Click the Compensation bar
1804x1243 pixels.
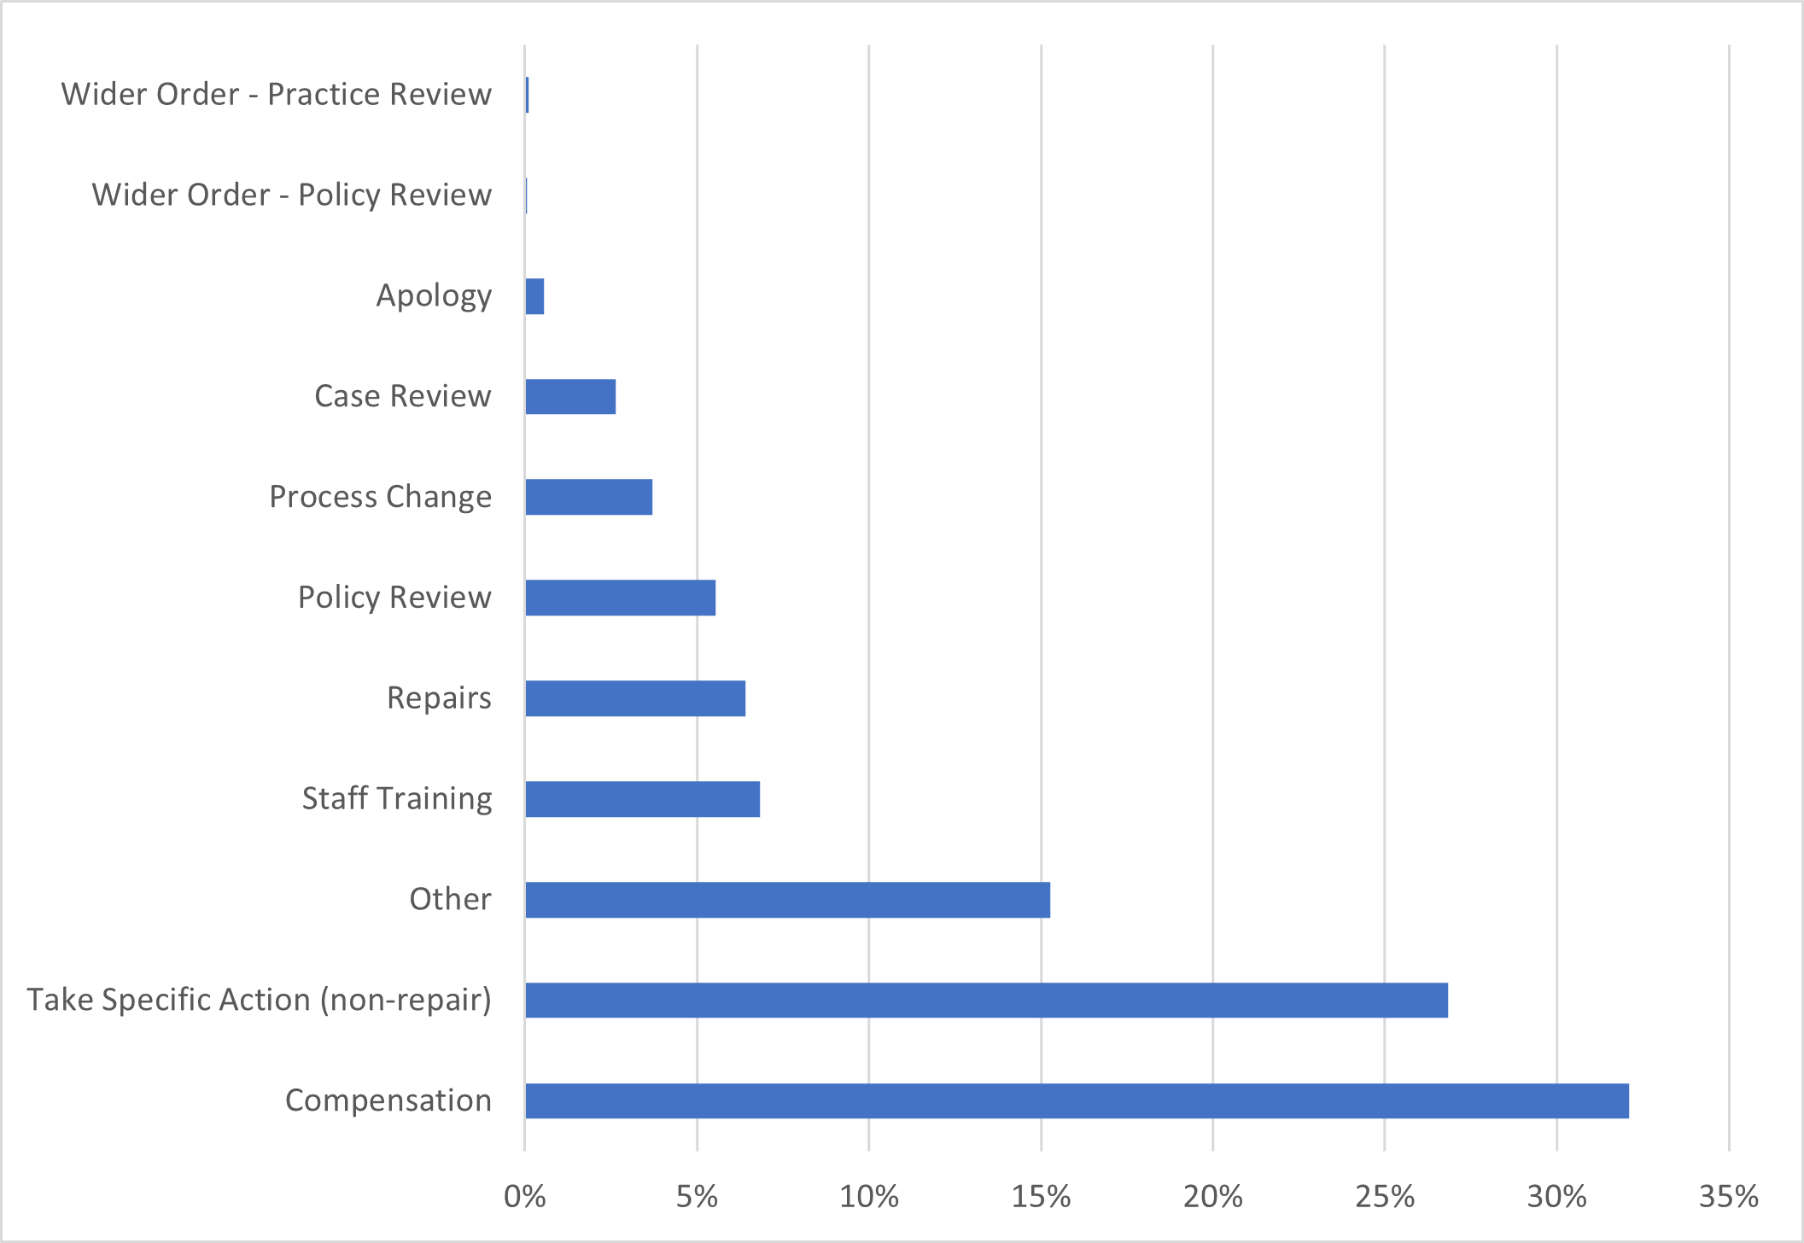pos(1077,1100)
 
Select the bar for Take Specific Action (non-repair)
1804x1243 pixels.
pos(986,1000)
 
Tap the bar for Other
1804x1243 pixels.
pos(787,900)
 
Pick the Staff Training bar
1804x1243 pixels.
pos(642,799)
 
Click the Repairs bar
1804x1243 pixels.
pos(635,698)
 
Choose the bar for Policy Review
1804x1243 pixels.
pos(620,598)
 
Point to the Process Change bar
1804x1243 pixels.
pos(588,497)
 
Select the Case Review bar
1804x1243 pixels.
pos(570,396)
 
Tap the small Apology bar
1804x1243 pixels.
pos(534,296)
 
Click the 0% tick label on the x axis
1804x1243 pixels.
pos(524,1197)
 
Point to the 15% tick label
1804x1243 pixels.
pos(1041,1197)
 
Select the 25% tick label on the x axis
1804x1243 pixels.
pos(1385,1197)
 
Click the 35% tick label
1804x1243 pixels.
pos(1729,1197)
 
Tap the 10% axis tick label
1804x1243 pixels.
pos(868,1197)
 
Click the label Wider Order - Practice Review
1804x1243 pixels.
pos(276,94)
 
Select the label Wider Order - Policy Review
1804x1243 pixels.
pos(291,195)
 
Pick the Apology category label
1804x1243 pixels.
pos(434,296)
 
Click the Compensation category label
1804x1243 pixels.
pos(388,1100)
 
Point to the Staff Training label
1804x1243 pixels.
pos(396,799)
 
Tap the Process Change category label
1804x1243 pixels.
pos(380,497)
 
